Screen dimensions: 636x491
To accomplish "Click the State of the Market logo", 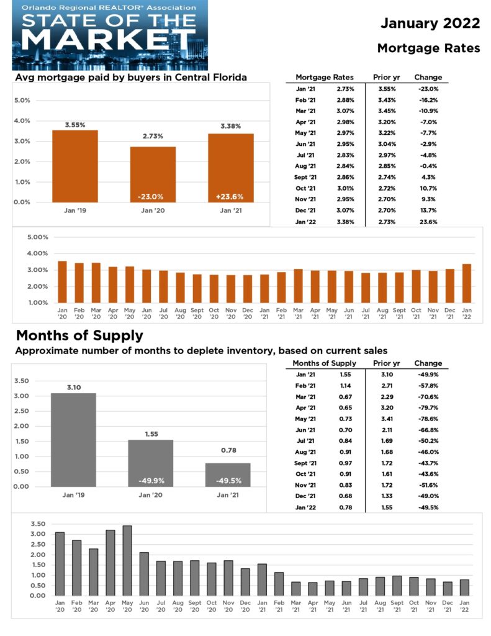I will pos(109,35).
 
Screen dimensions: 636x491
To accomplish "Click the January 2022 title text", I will pos(430,24).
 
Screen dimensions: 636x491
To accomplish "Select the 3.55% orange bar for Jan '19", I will pos(74,166).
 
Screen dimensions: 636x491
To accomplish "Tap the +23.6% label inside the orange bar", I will pos(230,196).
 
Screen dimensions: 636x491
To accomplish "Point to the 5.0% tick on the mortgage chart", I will pos(22,100).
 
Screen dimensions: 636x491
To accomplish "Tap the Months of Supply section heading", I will pos(79,336).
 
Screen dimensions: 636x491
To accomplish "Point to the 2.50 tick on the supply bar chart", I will pos(21,411).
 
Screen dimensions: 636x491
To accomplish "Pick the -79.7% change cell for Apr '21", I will pos(427,407).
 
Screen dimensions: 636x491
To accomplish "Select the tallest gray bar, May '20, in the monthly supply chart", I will pos(127,560).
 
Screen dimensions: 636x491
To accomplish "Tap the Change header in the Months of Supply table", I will pos(428,363).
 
